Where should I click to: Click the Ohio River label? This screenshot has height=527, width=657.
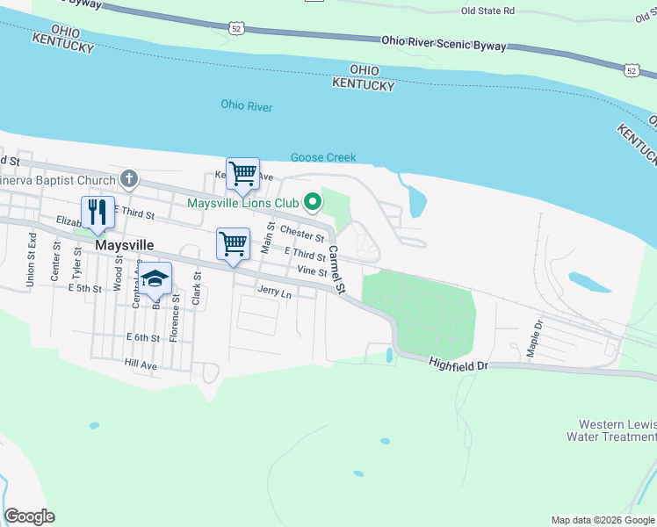pyautogui.click(x=246, y=107)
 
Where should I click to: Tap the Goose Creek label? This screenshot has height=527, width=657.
pyautogui.click(x=323, y=157)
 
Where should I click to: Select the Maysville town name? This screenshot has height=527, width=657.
pyautogui.click(x=124, y=245)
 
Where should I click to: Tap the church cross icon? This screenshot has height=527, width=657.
pyautogui.click(x=129, y=180)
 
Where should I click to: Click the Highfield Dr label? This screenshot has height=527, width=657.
pyautogui.click(x=458, y=362)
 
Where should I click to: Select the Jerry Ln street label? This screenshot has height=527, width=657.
pyautogui.click(x=274, y=290)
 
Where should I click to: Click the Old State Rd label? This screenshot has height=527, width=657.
pyautogui.click(x=487, y=11)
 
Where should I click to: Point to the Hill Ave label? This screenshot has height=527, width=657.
pyautogui.click(x=141, y=364)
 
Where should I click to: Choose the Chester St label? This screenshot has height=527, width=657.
pyautogui.click(x=303, y=234)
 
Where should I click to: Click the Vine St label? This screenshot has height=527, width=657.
pyautogui.click(x=312, y=272)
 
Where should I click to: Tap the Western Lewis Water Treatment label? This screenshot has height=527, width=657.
pyautogui.click(x=611, y=430)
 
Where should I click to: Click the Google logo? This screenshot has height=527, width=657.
pyautogui.click(x=29, y=516)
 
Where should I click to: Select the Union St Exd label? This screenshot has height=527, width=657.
pyautogui.click(x=32, y=261)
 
